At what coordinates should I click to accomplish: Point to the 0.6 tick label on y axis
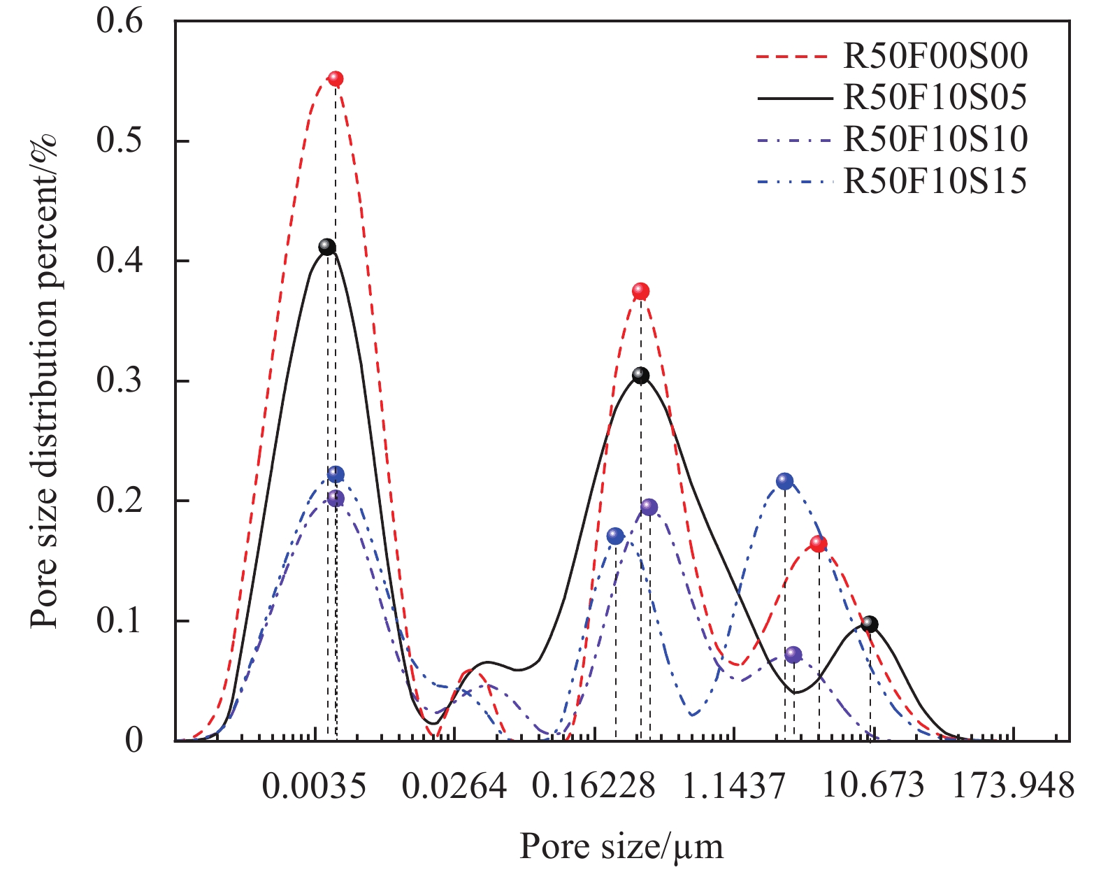[x=120, y=21]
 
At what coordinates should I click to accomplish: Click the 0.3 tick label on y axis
[x=120, y=381]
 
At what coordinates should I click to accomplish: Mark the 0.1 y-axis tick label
[x=120, y=621]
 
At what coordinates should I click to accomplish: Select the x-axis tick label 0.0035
[x=314, y=786]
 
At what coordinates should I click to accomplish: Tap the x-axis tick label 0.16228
[x=593, y=786]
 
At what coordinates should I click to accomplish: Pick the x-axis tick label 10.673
[x=872, y=786]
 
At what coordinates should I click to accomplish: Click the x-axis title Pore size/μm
[x=621, y=847]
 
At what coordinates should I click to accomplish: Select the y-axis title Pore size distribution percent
[x=44, y=381]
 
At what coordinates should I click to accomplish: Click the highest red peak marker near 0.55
[x=336, y=79]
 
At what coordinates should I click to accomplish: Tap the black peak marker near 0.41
[x=327, y=247]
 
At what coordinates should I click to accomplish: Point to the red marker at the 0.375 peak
[x=641, y=291]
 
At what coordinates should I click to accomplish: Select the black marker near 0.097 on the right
[x=870, y=624]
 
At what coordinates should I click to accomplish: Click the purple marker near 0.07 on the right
[x=793, y=655]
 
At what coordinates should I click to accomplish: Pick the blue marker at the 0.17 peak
[x=615, y=536]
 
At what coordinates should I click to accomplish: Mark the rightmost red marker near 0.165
[x=819, y=544]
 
